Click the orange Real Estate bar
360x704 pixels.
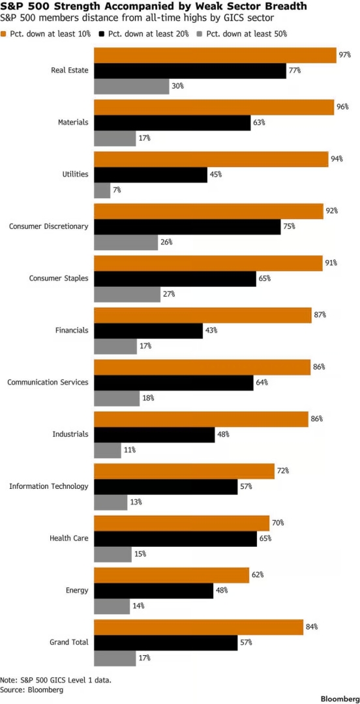point(215,55)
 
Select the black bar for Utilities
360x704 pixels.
point(150,174)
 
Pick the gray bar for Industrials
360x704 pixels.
point(108,450)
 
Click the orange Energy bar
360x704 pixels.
point(172,575)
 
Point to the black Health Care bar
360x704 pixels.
point(175,538)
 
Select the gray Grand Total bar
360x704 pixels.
point(115,658)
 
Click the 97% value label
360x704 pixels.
point(345,55)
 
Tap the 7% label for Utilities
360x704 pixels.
point(117,190)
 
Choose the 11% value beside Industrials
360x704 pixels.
point(129,450)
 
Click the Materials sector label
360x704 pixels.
point(73,122)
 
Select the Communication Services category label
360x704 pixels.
point(48,382)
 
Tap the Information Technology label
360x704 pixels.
point(49,486)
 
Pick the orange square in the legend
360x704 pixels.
point(4,34)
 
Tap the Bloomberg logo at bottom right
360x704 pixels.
point(339,699)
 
